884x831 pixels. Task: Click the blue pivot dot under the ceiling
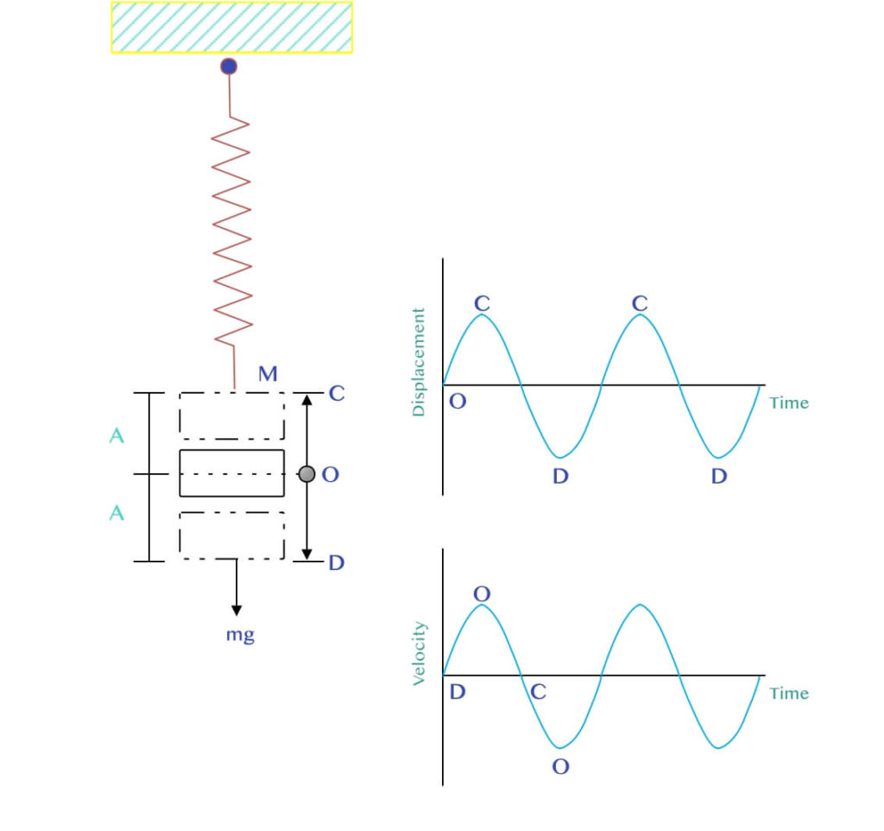point(229,67)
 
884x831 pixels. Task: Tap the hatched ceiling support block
point(231,28)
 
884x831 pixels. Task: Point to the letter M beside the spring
point(268,373)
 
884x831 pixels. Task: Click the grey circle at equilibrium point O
point(306,474)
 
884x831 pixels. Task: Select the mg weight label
point(240,635)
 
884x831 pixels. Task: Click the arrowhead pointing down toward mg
point(237,611)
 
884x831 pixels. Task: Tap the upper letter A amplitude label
point(117,435)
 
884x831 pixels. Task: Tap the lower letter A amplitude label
point(117,513)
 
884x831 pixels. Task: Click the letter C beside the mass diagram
point(337,393)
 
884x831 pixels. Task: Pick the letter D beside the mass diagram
point(337,562)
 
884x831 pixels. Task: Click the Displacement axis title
point(419,362)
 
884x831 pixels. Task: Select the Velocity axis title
point(420,653)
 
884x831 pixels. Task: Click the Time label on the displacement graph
point(789,403)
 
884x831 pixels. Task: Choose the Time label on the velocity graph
point(789,694)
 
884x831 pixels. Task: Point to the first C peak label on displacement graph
point(482,303)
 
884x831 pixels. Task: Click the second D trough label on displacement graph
point(719,476)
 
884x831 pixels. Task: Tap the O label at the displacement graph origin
point(458,402)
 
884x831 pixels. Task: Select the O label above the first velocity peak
point(482,593)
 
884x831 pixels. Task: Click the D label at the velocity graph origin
point(458,692)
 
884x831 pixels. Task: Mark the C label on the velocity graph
point(539,692)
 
